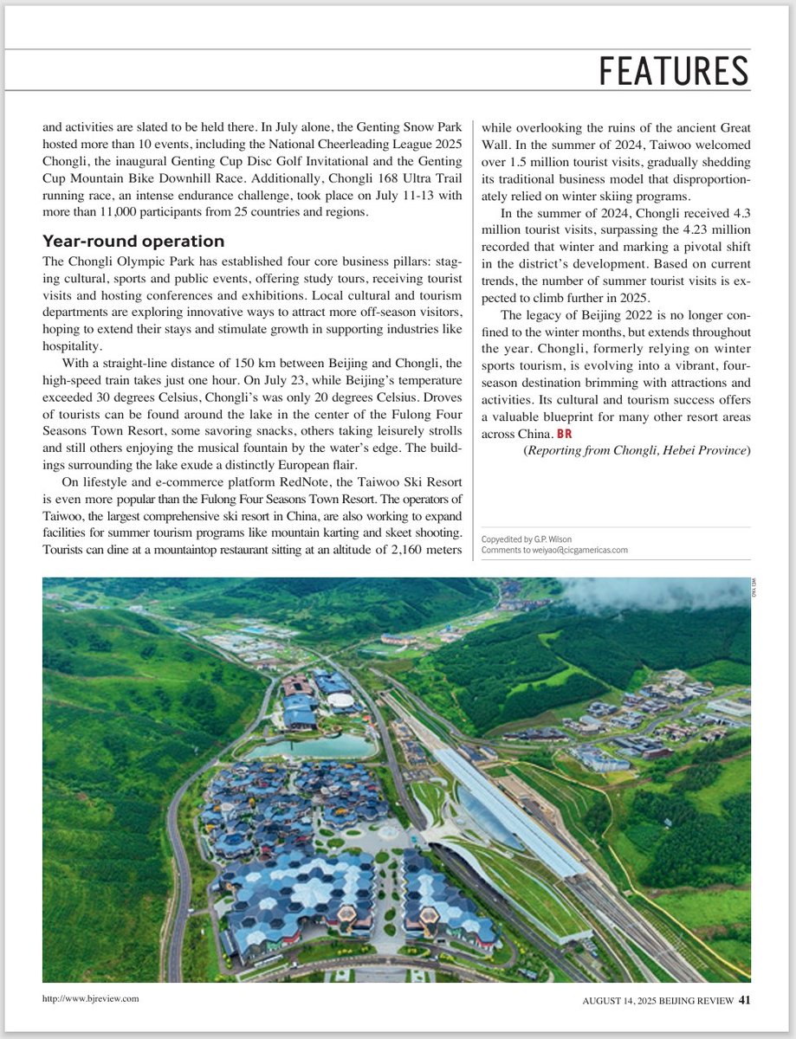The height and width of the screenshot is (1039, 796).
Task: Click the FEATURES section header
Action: click(x=673, y=71)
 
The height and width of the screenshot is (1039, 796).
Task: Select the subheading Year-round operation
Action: click(x=133, y=242)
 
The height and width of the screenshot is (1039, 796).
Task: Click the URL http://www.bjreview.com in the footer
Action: click(x=91, y=998)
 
